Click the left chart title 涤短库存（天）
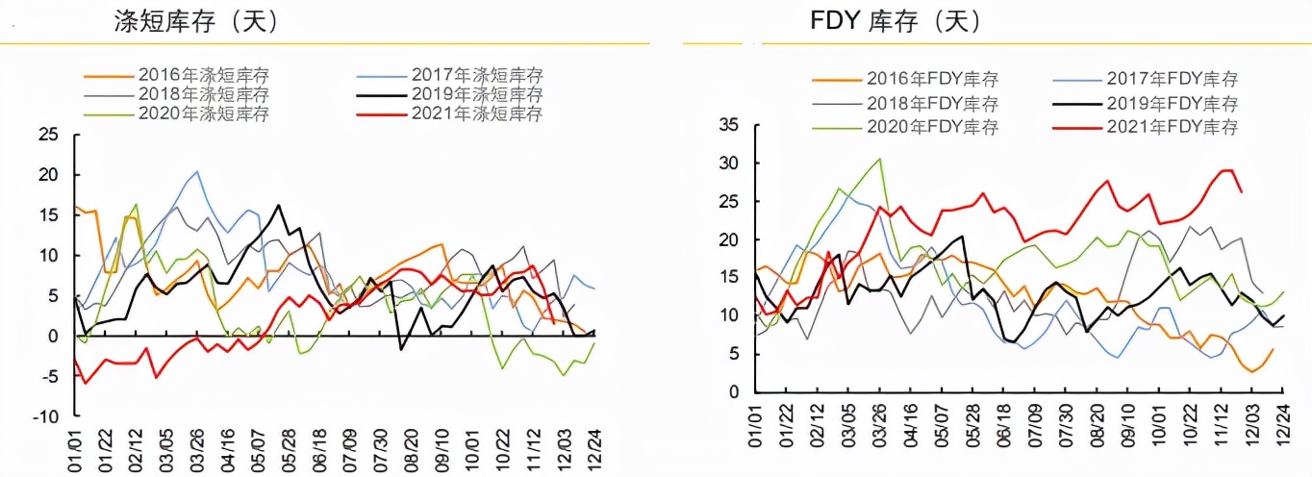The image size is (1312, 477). pyautogui.click(x=196, y=23)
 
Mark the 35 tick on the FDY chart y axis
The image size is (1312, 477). pyautogui.click(x=728, y=125)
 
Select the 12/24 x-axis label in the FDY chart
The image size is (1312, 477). pyautogui.click(x=1283, y=422)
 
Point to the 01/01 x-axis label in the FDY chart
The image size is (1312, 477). pyautogui.click(x=756, y=422)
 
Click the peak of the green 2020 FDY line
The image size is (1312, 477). pyautogui.click(x=879, y=159)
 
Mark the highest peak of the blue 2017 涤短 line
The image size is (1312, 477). pyautogui.click(x=197, y=172)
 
